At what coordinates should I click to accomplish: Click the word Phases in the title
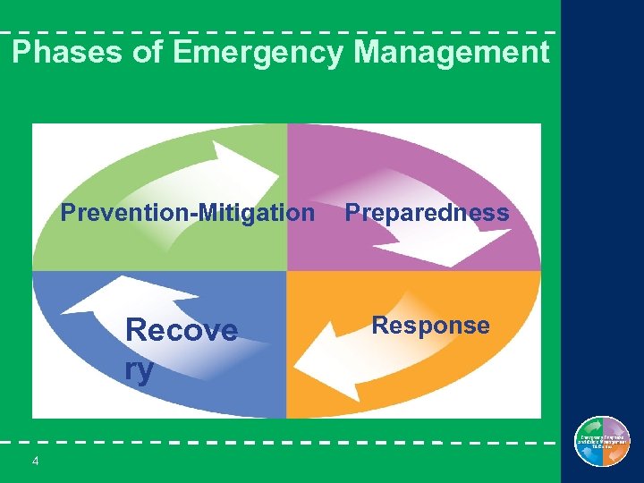[64, 53]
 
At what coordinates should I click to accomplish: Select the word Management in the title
[451, 53]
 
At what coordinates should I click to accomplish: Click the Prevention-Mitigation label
[187, 213]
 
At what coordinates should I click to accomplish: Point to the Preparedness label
[427, 213]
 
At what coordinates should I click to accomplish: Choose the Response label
[430, 326]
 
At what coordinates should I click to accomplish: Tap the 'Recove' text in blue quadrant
[182, 330]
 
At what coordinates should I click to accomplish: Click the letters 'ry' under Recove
[140, 369]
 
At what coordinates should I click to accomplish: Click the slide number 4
[35, 461]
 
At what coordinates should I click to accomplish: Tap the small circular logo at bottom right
[602, 442]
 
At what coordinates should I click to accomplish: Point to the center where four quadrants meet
[286, 271]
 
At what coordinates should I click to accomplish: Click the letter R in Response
[379, 326]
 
